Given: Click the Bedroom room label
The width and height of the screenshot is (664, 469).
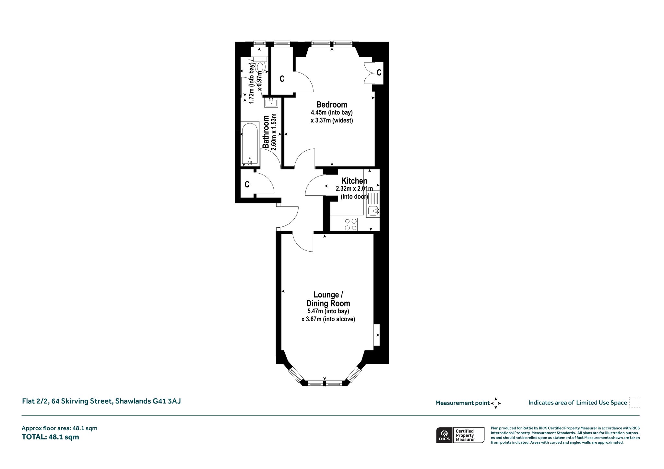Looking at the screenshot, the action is [332, 105].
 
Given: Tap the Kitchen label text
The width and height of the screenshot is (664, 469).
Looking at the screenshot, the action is [354, 181].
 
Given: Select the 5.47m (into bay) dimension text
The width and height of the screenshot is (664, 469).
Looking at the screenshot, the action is [328, 311].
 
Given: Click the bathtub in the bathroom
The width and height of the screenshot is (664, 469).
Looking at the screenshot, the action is [250, 143].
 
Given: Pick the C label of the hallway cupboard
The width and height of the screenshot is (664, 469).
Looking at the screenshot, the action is [247, 184].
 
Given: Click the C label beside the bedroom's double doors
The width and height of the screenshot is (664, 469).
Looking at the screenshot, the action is [379, 73].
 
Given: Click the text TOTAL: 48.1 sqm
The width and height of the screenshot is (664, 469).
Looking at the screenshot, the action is [50, 437].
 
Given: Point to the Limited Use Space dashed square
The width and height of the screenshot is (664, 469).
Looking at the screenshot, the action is [634, 402].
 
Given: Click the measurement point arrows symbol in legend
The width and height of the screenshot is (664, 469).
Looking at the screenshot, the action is [496, 403].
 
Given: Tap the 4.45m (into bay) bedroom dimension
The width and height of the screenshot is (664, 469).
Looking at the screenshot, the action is [332, 113].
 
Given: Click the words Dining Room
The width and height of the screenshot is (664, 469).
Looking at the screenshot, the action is [328, 303].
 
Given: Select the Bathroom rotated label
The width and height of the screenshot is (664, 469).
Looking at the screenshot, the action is [266, 132].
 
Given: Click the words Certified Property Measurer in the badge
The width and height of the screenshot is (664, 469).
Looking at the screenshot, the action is [465, 435].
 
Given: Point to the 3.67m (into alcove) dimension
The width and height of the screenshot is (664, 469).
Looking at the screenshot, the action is [328, 319].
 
